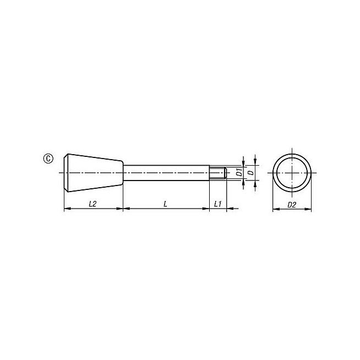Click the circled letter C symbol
[x=48, y=159]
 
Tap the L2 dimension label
[x=92, y=204]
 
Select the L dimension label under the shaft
[x=165, y=204]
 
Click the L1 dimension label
[x=217, y=204]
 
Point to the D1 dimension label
[x=239, y=172]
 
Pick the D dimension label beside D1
[x=252, y=172]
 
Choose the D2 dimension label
[x=292, y=205]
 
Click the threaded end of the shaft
[x=218, y=173]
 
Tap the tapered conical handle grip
[x=93, y=173]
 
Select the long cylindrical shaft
[x=166, y=173]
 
